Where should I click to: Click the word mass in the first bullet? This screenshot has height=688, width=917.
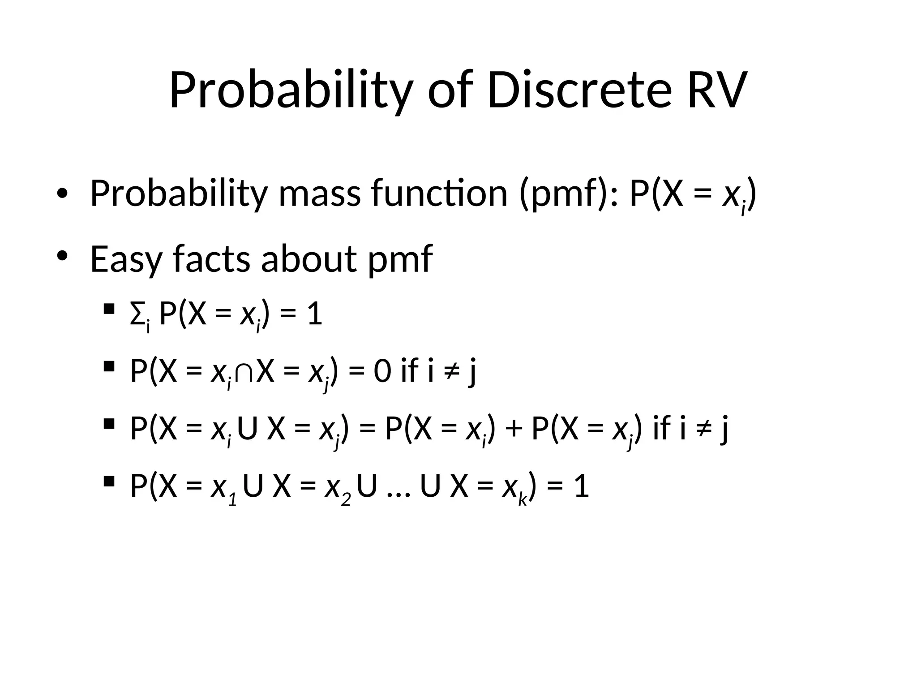(319, 193)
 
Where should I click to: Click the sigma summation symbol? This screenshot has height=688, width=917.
(137, 315)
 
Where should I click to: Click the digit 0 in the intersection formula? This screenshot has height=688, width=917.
(382, 372)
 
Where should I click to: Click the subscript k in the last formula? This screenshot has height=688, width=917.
(522, 499)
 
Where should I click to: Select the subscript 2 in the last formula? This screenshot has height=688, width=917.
(345, 499)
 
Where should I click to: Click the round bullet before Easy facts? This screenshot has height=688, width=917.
(62, 255)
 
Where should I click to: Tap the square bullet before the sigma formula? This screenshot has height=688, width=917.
(108, 309)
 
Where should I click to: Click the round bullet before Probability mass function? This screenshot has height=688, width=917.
(62, 193)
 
